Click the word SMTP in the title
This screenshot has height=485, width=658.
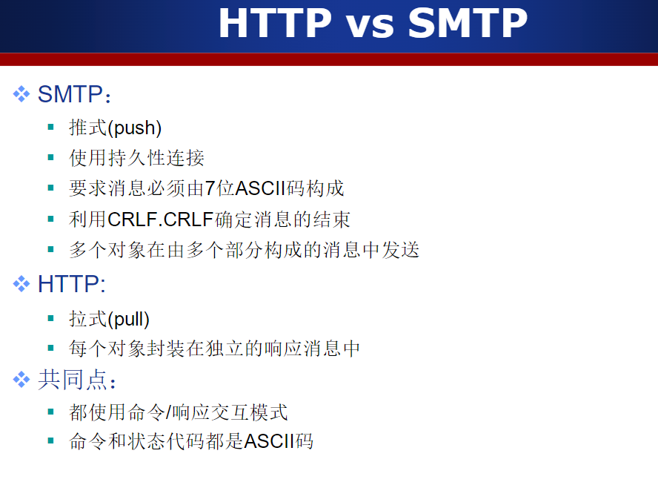[x=468, y=23]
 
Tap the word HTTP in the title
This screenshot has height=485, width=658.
[x=276, y=23]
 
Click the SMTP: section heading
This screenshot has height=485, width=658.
[x=74, y=94]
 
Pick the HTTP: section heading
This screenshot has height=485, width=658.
[x=71, y=284]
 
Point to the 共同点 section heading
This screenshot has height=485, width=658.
[x=76, y=380]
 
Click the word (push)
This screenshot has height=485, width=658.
[x=135, y=128]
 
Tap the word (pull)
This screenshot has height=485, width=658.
[x=128, y=319]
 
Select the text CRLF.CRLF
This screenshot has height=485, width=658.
[x=161, y=220]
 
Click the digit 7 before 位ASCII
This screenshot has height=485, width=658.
[x=210, y=188]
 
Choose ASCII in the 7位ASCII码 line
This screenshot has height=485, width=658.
[x=260, y=188]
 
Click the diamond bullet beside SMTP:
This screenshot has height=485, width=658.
[x=21, y=94]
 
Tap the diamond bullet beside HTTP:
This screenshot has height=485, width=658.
[x=21, y=284]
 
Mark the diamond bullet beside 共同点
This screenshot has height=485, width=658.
[x=21, y=380]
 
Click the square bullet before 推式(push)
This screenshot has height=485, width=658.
[x=51, y=127]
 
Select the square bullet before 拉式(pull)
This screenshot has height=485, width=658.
[x=51, y=318]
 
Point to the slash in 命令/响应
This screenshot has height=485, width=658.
[x=168, y=412]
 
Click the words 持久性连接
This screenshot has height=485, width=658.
[x=156, y=158]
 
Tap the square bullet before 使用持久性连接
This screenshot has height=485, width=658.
[x=51, y=157]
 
